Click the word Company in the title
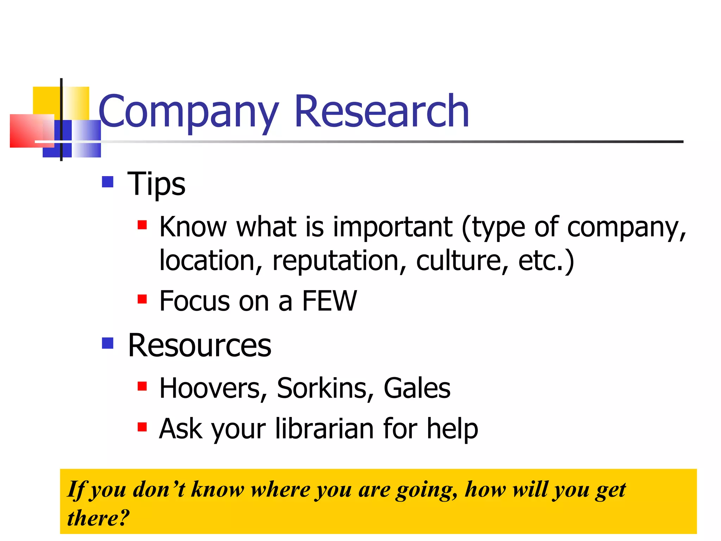[x=189, y=112]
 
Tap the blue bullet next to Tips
[x=107, y=182]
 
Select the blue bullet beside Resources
[x=107, y=343]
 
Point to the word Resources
[x=200, y=345]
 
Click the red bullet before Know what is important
[x=142, y=225]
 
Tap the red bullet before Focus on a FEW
[x=142, y=299]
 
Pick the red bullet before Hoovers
[x=142, y=386]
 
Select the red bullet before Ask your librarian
[x=142, y=427]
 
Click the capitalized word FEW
[x=329, y=301]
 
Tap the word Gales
[x=417, y=388]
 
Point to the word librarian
[x=324, y=429]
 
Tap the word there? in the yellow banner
[x=98, y=518]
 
